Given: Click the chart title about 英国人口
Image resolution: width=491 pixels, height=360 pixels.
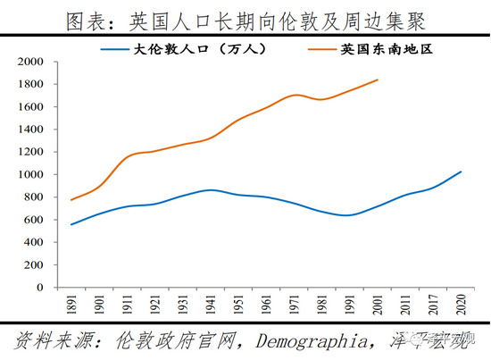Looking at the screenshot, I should (245, 18).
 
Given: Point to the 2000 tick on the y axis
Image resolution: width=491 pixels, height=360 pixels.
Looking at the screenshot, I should (31, 63).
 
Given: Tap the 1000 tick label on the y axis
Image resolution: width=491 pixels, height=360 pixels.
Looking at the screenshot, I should (31, 175).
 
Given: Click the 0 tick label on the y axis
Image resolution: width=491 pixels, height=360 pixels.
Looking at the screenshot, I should (41, 289).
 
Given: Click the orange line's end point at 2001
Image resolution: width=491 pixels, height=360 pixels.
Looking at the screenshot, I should (378, 80).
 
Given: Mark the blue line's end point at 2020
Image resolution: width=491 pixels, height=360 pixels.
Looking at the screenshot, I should (462, 172).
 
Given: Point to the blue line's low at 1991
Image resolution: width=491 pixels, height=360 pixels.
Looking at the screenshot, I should (349, 215).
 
